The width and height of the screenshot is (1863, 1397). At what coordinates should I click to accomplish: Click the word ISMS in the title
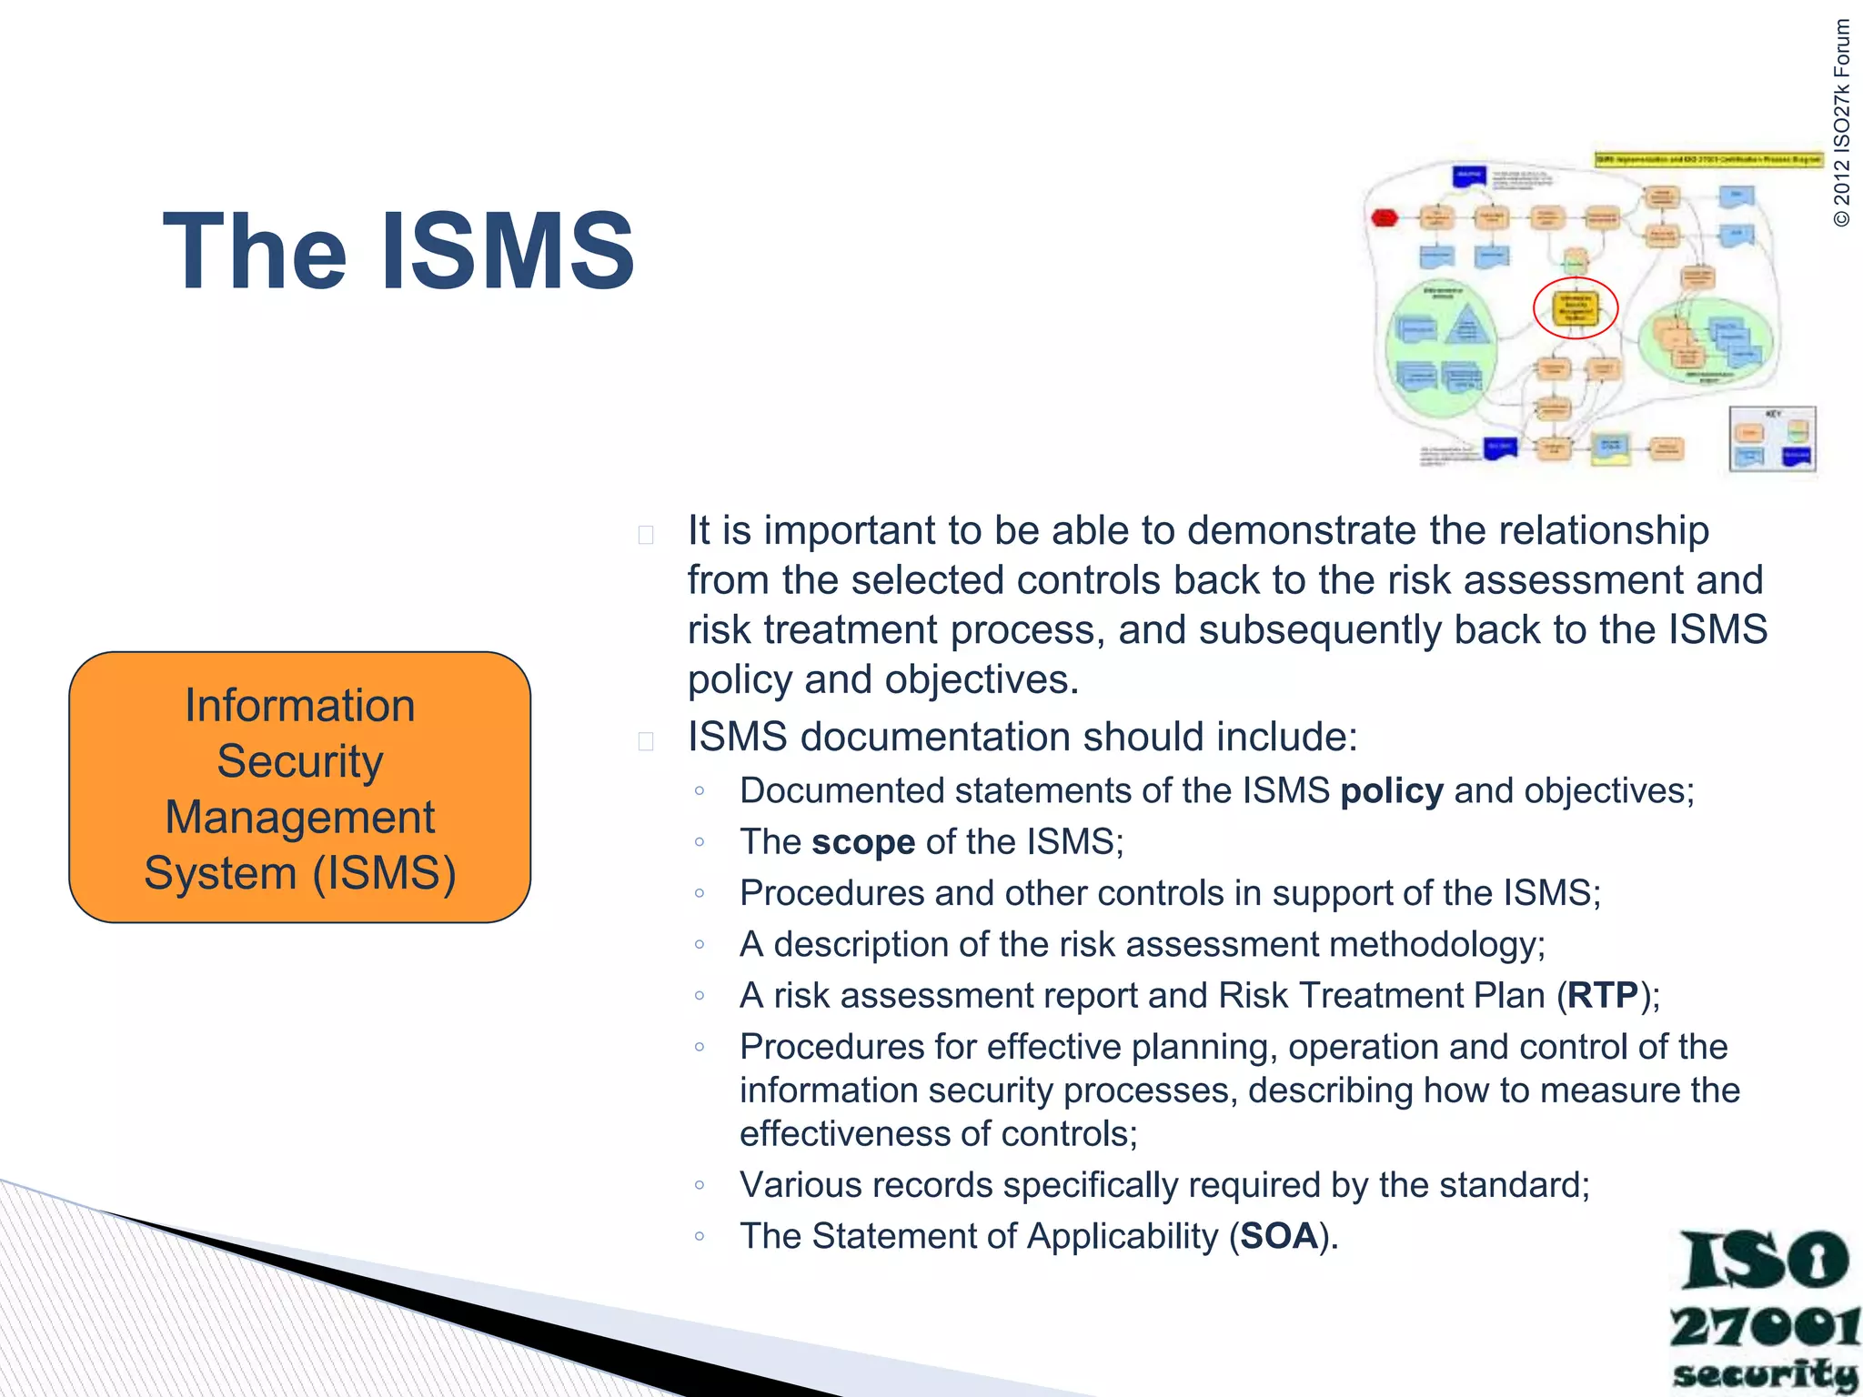click(508, 252)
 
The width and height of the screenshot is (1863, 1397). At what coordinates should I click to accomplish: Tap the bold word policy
click(1391, 791)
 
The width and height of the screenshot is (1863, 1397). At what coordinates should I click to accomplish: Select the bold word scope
click(862, 842)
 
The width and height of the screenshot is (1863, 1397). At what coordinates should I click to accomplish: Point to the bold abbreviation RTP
click(1602, 996)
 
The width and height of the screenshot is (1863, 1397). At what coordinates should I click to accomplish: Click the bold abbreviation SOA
click(1279, 1236)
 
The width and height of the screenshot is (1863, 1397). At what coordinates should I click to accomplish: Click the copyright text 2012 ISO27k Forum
click(1841, 123)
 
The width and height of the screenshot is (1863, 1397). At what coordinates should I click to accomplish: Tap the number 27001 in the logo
click(1764, 1328)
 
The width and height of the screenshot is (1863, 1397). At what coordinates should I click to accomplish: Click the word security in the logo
click(1764, 1373)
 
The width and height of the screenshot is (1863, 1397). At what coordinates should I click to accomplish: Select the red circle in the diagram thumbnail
click(1576, 307)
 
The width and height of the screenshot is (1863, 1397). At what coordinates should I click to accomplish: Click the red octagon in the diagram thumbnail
click(1384, 217)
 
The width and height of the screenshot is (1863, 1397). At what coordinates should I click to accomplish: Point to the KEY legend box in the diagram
click(1772, 439)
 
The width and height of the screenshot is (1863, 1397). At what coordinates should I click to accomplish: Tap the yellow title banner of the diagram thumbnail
click(1708, 159)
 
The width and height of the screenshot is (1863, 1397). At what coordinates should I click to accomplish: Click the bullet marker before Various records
click(699, 1185)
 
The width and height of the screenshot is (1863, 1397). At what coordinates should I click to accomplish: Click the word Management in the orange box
click(299, 817)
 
